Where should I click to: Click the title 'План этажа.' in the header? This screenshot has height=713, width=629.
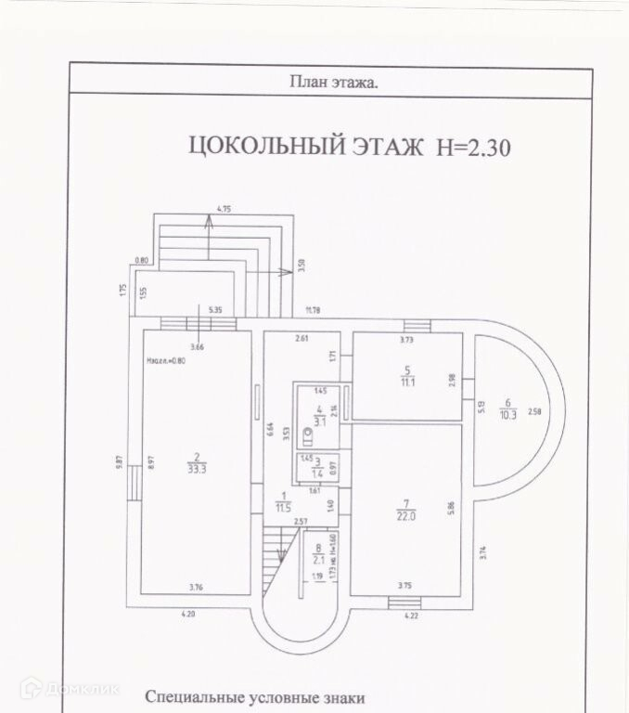(x=334, y=82)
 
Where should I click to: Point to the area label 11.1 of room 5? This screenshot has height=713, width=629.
(x=406, y=382)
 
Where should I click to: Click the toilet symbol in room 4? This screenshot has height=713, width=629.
(x=308, y=432)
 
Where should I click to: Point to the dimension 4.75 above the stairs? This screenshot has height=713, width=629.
(x=223, y=211)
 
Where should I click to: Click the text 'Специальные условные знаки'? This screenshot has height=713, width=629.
(x=255, y=697)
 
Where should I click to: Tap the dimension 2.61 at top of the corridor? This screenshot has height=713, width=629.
(x=302, y=339)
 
